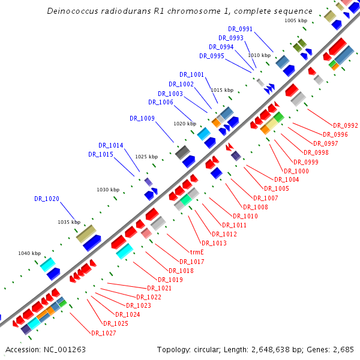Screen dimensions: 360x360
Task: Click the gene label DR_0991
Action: (x=240, y=29)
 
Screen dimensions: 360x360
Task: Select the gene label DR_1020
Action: (x=46, y=199)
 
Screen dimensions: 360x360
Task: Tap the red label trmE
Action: (x=197, y=253)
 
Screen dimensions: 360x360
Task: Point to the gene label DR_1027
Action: (x=103, y=333)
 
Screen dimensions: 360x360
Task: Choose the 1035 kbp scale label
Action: (x=69, y=222)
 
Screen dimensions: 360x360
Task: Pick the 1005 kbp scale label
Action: (x=296, y=20)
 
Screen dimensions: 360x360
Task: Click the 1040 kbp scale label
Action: (x=29, y=253)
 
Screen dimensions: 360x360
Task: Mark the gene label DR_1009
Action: (x=142, y=118)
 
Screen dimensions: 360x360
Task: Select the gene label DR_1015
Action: (x=100, y=155)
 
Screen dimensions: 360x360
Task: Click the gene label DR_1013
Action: (x=214, y=243)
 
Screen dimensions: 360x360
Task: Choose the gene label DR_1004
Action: (x=286, y=179)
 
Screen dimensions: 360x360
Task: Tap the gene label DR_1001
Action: (x=192, y=75)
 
